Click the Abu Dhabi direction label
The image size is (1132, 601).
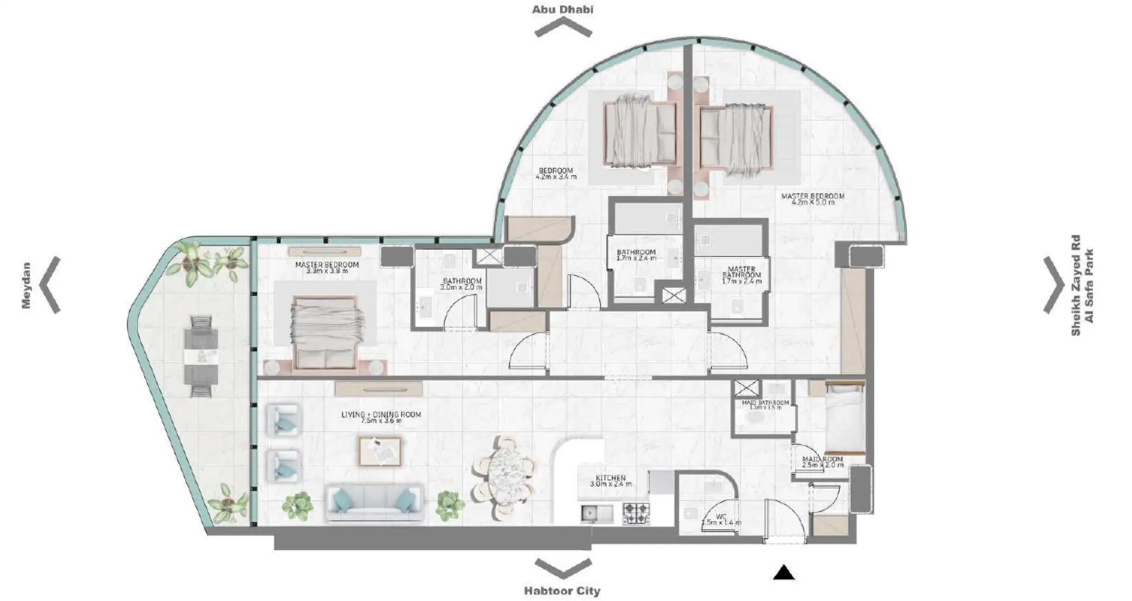(x=563, y=9)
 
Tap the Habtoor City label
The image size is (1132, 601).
(x=562, y=591)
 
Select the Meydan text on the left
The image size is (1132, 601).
(x=26, y=285)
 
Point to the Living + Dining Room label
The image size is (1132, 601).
(x=381, y=417)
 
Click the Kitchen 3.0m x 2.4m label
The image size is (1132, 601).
(x=611, y=481)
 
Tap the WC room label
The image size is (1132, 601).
(x=721, y=519)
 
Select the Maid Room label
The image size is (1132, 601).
(x=822, y=462)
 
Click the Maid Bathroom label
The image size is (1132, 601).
(x=765, y=405)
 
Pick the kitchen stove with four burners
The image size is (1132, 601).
(x=636, y=514)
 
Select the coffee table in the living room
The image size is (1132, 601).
(x=380, y=451)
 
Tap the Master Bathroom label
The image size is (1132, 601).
(x=741, y=275)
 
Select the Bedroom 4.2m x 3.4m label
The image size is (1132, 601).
(x=556, y=174)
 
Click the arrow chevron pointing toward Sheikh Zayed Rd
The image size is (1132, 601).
(x=1053, y=285)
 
